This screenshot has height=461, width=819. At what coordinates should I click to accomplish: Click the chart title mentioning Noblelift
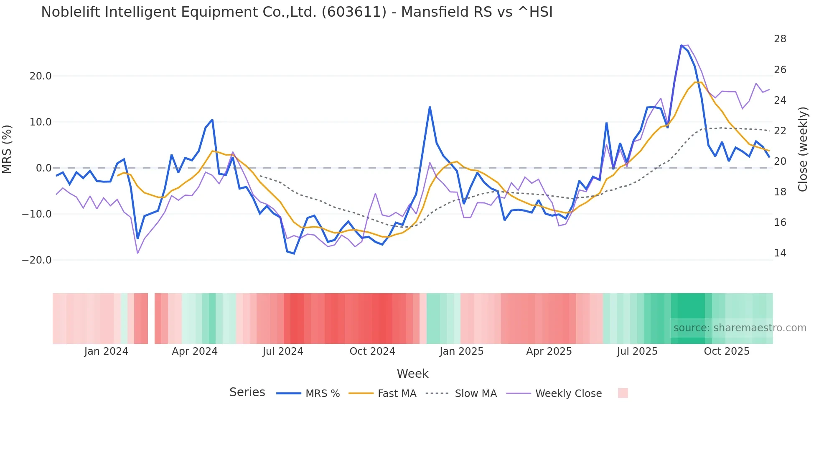click(297, 12)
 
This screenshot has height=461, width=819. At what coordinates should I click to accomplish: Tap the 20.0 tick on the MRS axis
click(41, 76)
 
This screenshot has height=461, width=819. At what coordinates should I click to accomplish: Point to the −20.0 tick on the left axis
click(37, 260)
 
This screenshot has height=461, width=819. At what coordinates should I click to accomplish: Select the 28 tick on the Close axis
click(780, 39)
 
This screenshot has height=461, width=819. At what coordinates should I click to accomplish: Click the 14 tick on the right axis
click(780, 253)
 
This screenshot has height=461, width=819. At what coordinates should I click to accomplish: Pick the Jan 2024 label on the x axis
click(106, 351)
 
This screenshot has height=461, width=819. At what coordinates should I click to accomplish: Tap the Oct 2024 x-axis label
click(372, 351)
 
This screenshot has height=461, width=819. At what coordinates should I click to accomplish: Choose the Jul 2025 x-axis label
click(637, 351)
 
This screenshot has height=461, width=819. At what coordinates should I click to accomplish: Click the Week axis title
click(412, 374)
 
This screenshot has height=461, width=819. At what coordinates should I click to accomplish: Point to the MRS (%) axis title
click(7, 149)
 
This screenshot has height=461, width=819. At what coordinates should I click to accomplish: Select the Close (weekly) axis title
click(802, 149)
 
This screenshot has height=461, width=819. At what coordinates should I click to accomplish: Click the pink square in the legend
click(623, 393)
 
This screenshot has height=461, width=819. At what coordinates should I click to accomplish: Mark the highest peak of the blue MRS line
click(681, 45)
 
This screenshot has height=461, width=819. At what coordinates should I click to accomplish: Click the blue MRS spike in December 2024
click(430, 107)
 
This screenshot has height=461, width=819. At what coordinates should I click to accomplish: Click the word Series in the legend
click(247, 392)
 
